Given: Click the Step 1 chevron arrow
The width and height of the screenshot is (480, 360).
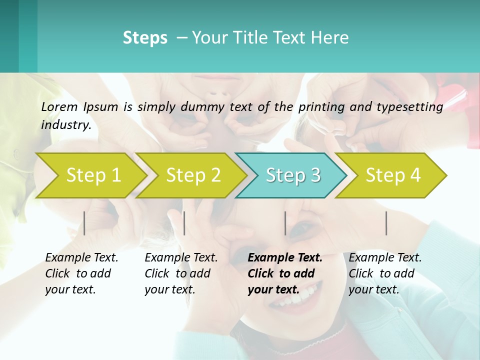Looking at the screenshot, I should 92,175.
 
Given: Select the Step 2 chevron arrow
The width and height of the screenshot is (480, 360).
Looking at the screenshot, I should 192,175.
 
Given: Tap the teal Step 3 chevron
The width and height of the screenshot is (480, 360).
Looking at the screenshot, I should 292,175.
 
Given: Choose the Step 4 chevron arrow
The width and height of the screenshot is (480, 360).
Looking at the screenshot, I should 392,175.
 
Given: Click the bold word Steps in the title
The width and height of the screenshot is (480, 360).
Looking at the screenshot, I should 145,38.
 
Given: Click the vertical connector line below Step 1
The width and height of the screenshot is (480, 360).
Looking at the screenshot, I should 84,223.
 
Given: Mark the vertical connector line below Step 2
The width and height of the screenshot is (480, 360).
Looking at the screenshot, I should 184,223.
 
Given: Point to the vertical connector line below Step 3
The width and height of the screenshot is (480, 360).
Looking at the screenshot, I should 285,223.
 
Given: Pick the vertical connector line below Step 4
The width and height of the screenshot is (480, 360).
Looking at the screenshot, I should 386,223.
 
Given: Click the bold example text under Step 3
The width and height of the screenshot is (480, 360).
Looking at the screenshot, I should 284,273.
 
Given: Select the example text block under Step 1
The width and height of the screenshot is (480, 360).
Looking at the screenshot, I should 81,273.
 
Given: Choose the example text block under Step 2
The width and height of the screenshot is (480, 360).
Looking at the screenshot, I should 181,273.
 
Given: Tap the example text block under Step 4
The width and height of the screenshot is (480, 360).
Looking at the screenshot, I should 384,273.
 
